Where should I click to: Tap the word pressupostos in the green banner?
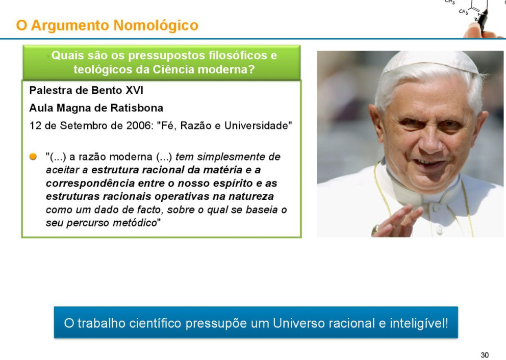[166, 56]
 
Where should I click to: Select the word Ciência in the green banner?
[173, 69]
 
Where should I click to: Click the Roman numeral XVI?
[134, 90]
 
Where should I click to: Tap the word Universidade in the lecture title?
[256, 125]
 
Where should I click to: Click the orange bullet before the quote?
[33, 157]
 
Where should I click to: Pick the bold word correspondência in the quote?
[90, 184]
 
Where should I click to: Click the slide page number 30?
[485, 355]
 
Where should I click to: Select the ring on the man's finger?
[375, 229]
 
